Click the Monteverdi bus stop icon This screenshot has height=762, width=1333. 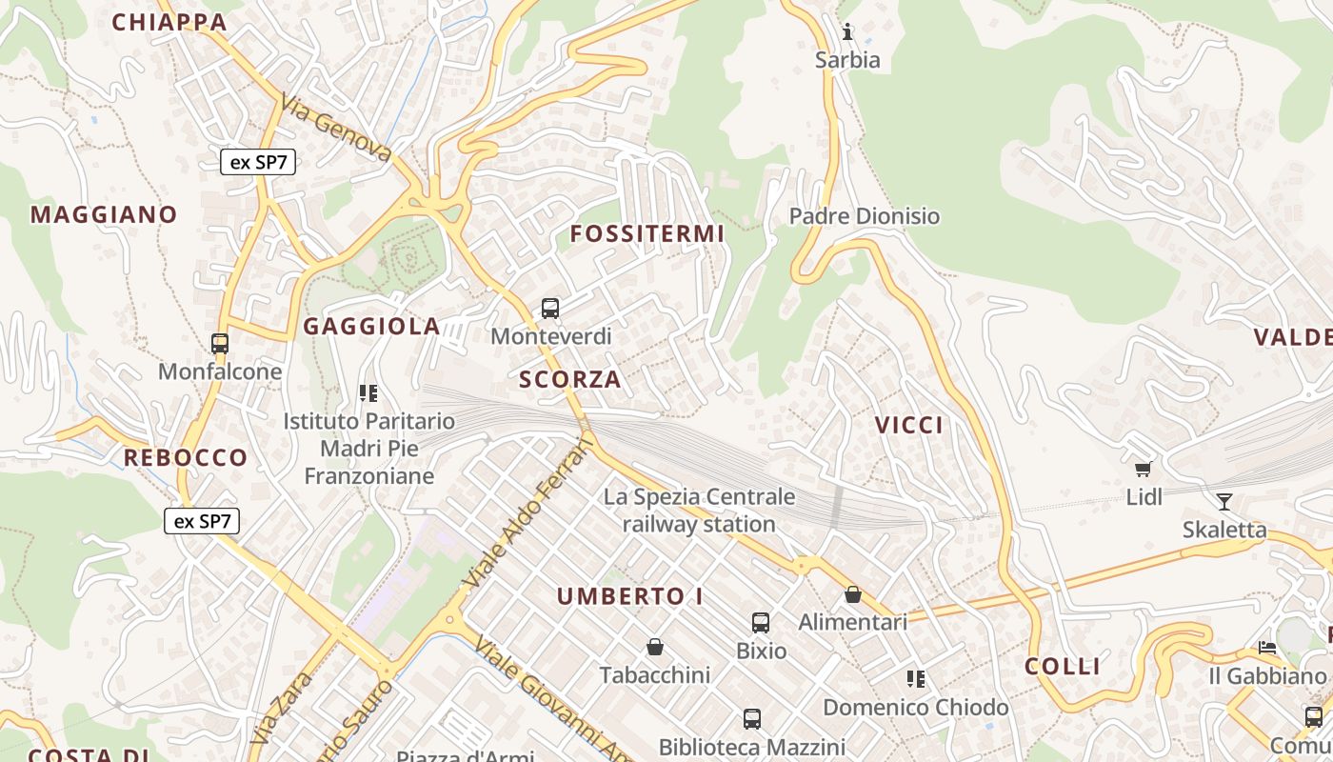pos(550,309)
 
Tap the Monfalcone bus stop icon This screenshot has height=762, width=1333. pos(220,343)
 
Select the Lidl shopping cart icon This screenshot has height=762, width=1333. pos(1144,468)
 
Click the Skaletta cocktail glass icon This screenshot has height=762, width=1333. pos(1224,501)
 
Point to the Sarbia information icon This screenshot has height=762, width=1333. pos(847,31)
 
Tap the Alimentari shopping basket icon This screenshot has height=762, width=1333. pos(853,594)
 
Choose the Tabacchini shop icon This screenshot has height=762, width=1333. pos(655,648)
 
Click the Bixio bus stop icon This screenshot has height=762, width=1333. pos(761,623)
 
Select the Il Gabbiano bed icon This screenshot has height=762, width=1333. pos(1267,648)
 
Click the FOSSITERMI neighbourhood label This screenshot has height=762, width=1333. pos(647,233)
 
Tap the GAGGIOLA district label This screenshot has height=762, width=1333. pos(372,327)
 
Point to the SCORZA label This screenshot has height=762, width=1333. pos(570,379)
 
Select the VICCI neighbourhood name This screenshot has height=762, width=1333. pos(909,425)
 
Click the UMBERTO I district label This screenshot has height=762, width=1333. pos(630,596)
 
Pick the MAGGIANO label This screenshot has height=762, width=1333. pos(104,214)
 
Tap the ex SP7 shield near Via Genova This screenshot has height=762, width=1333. pos(259,162)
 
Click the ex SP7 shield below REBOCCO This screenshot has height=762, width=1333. pos(202,521)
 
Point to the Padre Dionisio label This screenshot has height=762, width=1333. pos(865,216)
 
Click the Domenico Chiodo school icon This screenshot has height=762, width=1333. pos(916,679)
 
